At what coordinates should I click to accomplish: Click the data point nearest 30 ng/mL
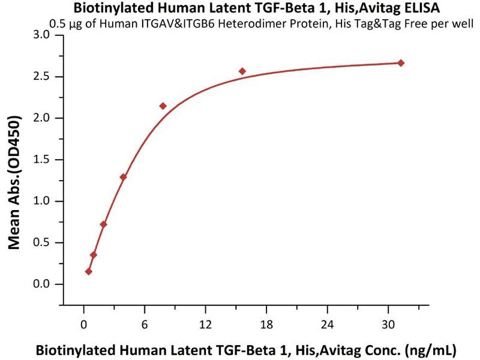click(401, 63)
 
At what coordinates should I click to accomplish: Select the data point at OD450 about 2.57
click(242, 71)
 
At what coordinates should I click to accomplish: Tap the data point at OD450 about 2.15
click(163, 106)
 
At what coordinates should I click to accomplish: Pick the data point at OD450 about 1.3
click(123, 177)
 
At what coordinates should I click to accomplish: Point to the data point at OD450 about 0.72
click(103, 224)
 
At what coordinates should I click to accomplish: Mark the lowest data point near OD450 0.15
click(89, 271)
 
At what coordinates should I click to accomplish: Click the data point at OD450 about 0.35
click(94, 255)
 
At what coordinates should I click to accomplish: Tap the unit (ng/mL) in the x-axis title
click(431, 349)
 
